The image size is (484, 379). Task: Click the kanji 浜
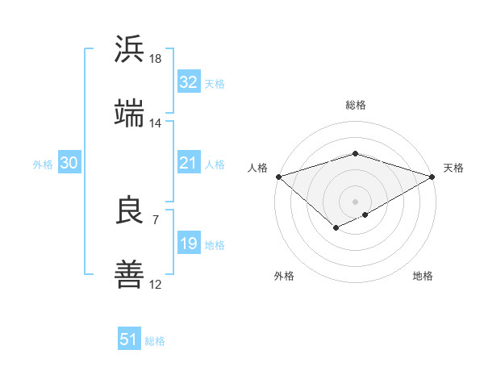click(129, 49)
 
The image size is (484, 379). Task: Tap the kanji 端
click(129, 114)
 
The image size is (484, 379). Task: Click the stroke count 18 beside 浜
click(156, 59)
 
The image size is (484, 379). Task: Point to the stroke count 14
click(156, 123)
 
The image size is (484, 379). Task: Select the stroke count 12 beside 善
click(156, 285)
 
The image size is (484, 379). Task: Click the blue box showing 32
click(188, 82)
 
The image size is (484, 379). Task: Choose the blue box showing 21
click(188, 164)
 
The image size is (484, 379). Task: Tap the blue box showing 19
click(188, 244)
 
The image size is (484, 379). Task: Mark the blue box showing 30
click(69, 164)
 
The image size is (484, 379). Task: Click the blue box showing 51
click(129, 339)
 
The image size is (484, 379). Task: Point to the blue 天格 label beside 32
click(215, 84)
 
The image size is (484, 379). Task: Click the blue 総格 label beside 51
click(155, 341)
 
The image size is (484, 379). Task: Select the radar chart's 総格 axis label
click(355, 105)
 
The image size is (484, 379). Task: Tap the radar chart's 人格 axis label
click(257, 168)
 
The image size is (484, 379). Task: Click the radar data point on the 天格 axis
click(433, 177)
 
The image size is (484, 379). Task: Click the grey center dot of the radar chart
click(355, 200)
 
